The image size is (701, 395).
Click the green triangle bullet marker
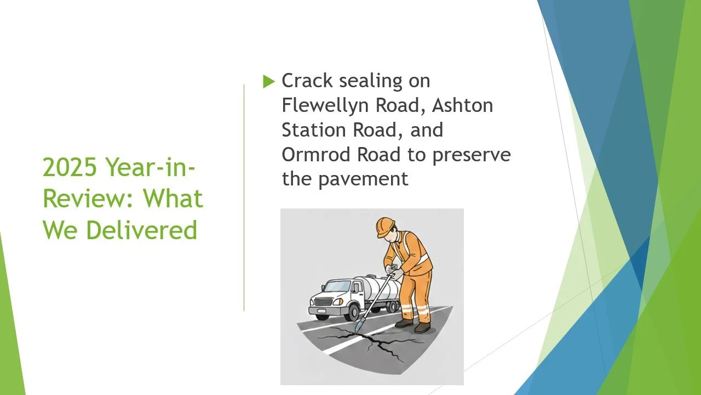point(268,82)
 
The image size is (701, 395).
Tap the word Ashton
point(463,105)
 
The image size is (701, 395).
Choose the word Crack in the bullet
point(307,81)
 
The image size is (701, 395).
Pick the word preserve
point(472,155)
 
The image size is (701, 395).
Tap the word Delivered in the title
point(141,230)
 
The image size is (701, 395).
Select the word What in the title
point(174,199)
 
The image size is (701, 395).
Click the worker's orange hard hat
point(385,225)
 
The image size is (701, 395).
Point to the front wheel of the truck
point(351,312)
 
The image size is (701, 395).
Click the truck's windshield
point(337,287)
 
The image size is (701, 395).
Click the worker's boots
point(413,326)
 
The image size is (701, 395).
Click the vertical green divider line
point(244,198)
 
